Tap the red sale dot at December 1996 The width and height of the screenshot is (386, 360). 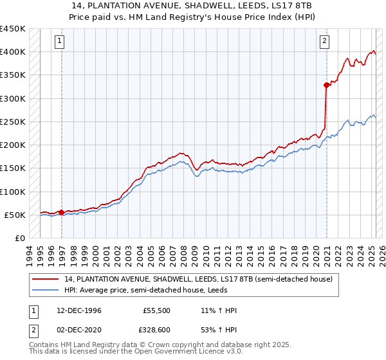tap(61, 212)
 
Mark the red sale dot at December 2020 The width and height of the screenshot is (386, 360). tap(327, 85)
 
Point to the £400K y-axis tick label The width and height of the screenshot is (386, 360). tap(14, 52)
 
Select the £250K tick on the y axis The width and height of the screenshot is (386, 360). tap(14, 122)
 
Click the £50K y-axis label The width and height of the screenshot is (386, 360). tap(16, 215)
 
